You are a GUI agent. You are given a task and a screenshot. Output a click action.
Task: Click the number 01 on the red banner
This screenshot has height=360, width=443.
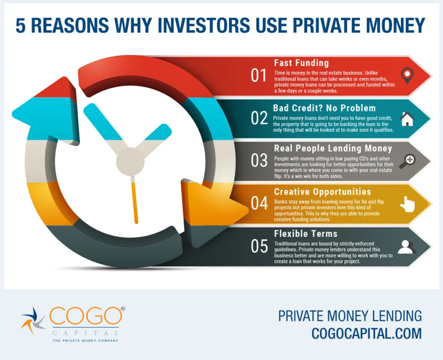click(x=259, y=76)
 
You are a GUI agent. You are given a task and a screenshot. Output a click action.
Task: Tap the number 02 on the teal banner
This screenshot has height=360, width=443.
click(x=259, y=118)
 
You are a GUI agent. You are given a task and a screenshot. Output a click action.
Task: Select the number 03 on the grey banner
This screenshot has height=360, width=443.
click(x=259, y=160)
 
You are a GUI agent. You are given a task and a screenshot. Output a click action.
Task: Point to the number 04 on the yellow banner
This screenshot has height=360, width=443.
click(x=259, y=203)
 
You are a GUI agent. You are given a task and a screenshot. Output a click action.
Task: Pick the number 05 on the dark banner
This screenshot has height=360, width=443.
click(x=259, y=246)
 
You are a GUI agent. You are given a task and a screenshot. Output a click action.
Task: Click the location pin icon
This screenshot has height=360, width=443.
click(x=407, y=76)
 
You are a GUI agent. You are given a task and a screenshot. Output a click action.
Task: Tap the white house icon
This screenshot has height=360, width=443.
click(x=407, y=119)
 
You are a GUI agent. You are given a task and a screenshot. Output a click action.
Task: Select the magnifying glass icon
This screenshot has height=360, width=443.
click(x=407, y=161)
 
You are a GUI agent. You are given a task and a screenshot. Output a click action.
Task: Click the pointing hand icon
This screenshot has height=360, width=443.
click(x=407, y=204)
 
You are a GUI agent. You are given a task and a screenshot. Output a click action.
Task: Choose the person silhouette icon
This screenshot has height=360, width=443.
click(x=407, y=247)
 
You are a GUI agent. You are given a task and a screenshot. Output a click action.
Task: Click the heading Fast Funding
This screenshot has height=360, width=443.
click(x=302, y=63)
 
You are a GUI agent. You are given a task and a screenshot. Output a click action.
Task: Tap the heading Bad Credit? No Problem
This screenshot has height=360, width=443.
click(x=324, y=108)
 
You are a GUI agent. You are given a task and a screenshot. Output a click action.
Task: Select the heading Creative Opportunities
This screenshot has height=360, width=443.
click(x=322, y=192)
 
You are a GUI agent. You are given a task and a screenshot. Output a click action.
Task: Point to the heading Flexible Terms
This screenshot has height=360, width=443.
click(x=306, y=234)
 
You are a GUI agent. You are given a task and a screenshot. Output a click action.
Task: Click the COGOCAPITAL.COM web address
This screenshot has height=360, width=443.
click(x=366, y=333)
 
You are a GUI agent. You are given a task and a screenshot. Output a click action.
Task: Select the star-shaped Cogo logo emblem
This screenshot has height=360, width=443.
click(x=33, y=321)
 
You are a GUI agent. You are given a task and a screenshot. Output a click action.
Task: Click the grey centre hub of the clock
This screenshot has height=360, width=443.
click(x=130, y=162)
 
